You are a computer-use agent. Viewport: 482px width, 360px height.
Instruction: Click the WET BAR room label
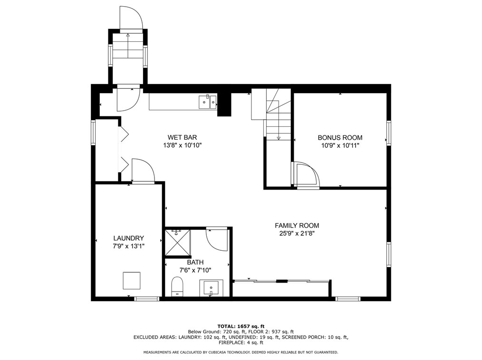[x=182, y=137]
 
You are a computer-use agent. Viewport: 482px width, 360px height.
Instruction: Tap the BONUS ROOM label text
[x=340, y=138]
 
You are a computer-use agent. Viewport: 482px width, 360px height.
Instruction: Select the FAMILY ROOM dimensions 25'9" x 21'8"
[x=297, y=234]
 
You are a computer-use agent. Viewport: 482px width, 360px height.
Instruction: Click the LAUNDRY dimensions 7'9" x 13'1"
[x=128, y=246]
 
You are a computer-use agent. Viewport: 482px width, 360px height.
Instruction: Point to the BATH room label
[x=195, y=262]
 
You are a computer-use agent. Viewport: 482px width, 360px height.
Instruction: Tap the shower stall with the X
[x=178, y=242]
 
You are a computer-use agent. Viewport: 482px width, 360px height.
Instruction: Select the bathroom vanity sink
[x=211, y=288]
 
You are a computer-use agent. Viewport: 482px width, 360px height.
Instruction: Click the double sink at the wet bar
[x=208, y=102]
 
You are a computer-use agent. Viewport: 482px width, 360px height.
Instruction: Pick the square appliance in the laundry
[x=132, y=280]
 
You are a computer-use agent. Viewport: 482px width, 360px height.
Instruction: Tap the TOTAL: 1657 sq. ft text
[x=241, y=326]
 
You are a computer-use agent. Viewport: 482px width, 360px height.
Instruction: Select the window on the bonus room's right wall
[x=389, y=133]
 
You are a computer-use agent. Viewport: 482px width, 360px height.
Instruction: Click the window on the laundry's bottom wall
[x=146, y=299]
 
